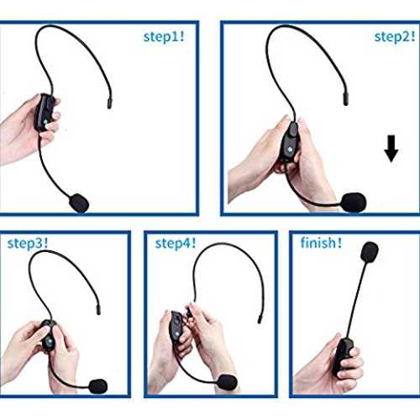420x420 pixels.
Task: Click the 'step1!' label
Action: (164, 37)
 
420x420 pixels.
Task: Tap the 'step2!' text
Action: (395, 37)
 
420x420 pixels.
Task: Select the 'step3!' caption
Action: (28, 244)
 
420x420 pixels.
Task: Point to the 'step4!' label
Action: (176, 244)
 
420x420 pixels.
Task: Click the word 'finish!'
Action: (321, 243)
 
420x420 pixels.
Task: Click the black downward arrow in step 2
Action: (391, 149)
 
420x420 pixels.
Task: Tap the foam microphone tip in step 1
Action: (79, 202)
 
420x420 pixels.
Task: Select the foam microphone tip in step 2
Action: (354, 202)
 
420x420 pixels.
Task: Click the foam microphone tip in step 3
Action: (98, 386)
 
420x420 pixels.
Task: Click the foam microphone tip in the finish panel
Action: (370, 252)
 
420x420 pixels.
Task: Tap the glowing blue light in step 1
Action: (45, 122)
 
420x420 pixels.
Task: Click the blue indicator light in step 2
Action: (291, 150)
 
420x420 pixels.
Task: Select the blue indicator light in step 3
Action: (50, 342)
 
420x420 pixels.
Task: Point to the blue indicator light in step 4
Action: (176, 333)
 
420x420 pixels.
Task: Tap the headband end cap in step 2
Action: (346, 99)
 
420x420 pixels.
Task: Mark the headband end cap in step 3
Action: (98, 310)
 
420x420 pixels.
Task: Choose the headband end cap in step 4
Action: (260, 319)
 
